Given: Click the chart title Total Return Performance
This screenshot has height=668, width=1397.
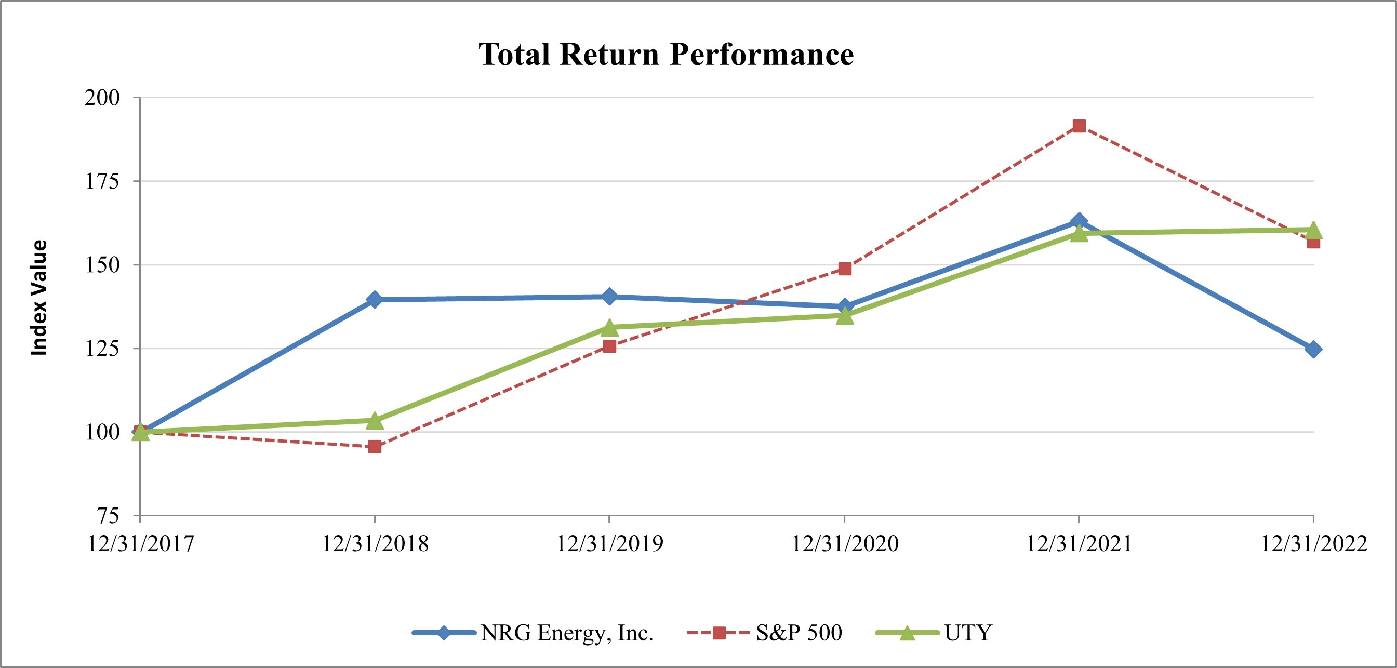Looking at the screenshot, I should click(x=666, y=55).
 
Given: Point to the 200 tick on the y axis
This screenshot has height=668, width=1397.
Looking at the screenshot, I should click(x=102, y=98).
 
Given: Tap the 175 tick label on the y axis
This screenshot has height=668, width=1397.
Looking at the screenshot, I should click(x=102, y=181).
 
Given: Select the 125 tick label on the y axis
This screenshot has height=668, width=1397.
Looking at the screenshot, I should click(x=102, y=348).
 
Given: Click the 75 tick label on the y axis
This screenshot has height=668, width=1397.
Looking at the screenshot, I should click(x=108, y=516).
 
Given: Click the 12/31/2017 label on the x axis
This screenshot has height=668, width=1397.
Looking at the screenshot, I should click(x=140, y=543).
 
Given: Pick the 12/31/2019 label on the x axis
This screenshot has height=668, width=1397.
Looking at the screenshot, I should click(x=609, y=543).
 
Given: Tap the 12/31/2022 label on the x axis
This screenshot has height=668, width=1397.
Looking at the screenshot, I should click(x=1313, y=543).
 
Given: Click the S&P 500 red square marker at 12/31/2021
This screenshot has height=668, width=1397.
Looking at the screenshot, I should click(x=1079, y=126).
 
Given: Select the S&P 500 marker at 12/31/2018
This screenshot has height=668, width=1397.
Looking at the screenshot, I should click(x=375, y=447).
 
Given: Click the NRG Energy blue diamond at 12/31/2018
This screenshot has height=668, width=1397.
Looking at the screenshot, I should click(x=375, y=299).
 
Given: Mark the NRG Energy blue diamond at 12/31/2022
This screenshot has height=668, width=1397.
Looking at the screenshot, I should click(x=1313, y=350).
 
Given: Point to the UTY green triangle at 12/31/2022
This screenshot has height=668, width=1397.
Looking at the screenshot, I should click(x=1313, y=231).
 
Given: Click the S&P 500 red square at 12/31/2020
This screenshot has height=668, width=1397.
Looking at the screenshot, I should click(x=845, y=269).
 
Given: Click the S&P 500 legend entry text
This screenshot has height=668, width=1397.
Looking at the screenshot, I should click(x=799, y=633).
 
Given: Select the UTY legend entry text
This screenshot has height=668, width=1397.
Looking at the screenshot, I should click(x=968, y=633).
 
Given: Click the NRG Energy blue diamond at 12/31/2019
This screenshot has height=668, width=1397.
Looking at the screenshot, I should click(x=609, y=297).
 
